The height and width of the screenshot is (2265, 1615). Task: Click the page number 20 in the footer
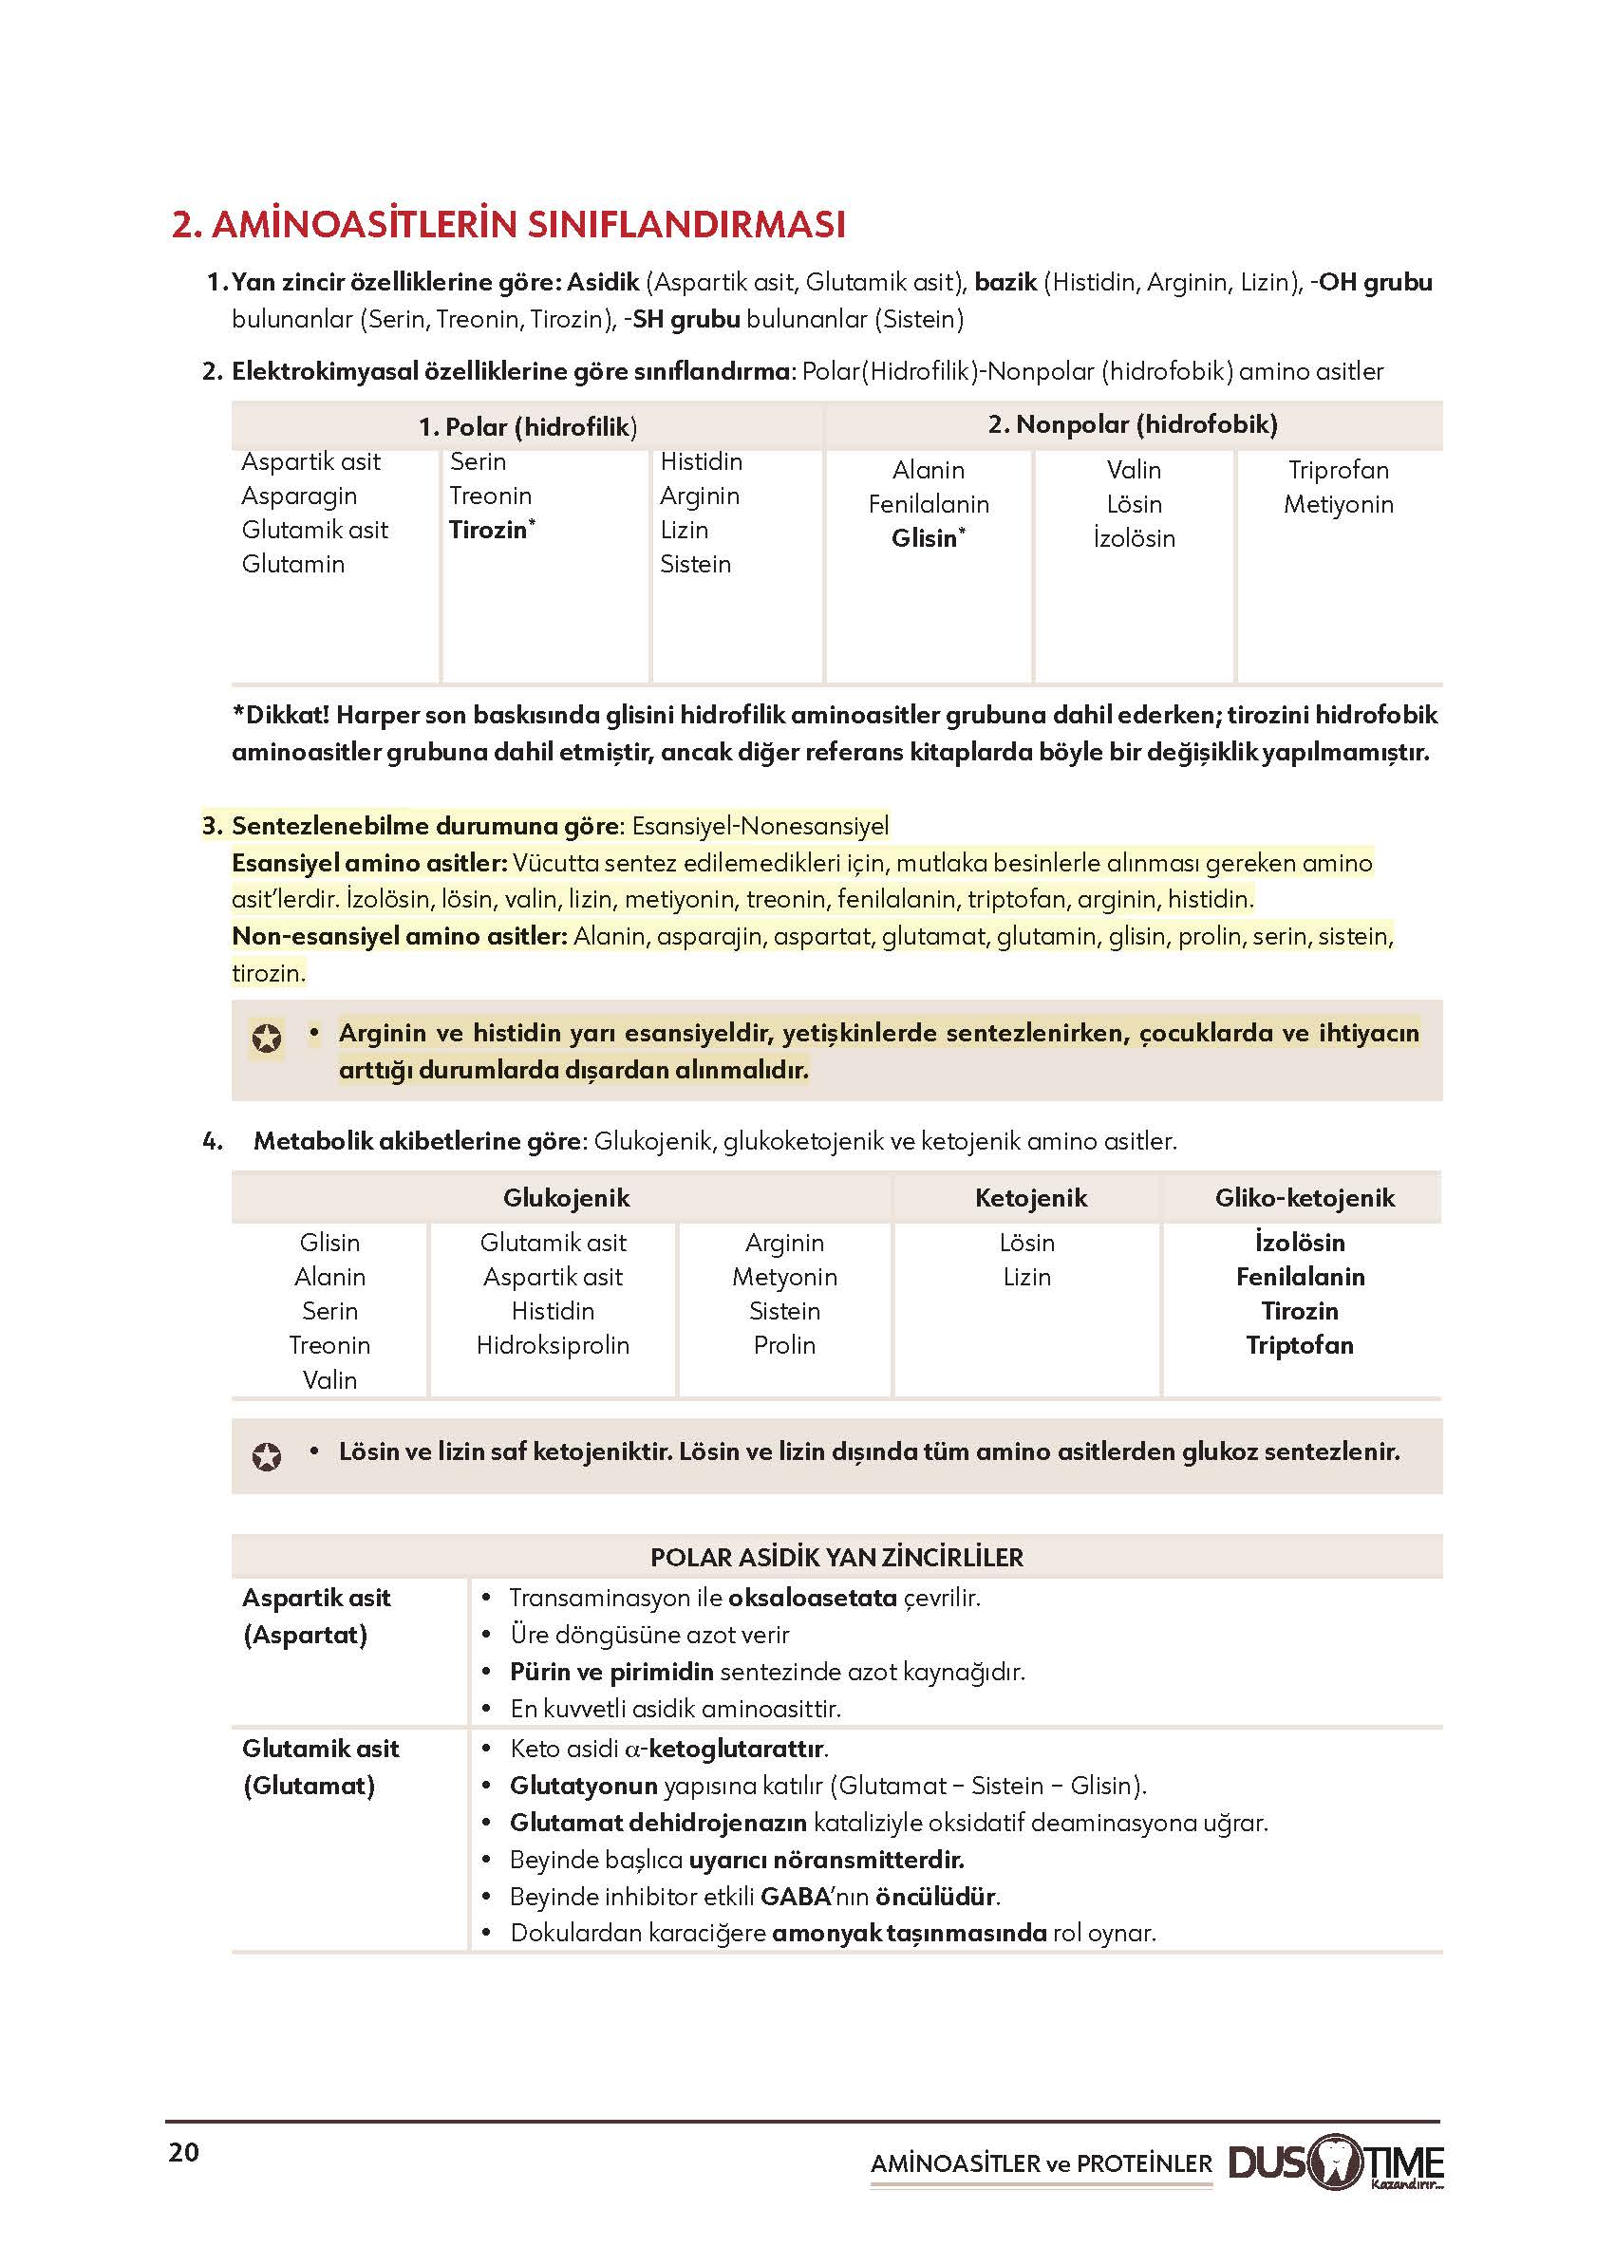pos(184,2152)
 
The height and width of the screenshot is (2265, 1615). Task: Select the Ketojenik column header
pos(1030,1198)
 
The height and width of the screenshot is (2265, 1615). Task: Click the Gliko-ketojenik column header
pos(1304,1198)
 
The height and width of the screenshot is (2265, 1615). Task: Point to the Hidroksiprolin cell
pos(553,1345)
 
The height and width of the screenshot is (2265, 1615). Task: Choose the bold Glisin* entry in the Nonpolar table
pos(927,538)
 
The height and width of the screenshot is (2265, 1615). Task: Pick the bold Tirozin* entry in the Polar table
pos(490,530)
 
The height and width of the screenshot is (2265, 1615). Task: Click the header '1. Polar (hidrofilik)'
pos(527,427)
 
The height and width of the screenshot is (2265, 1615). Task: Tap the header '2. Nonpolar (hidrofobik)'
pos(1132,424)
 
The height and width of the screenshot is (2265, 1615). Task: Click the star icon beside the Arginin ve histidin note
pos(267,1039)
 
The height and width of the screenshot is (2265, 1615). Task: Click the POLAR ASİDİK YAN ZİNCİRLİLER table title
pos(836,1557)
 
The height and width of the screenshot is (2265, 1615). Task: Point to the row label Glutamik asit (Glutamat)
pos(320,1767)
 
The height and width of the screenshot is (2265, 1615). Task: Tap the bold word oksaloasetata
pos(813,1598)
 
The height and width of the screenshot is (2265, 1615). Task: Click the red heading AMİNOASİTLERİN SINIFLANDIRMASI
pos(508,225)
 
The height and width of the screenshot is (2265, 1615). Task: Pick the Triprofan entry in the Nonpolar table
pos(1338,470)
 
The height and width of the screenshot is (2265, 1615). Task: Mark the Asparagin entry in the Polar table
pos(299,496)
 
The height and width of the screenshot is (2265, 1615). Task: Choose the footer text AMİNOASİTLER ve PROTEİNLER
pos(1042,2163)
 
